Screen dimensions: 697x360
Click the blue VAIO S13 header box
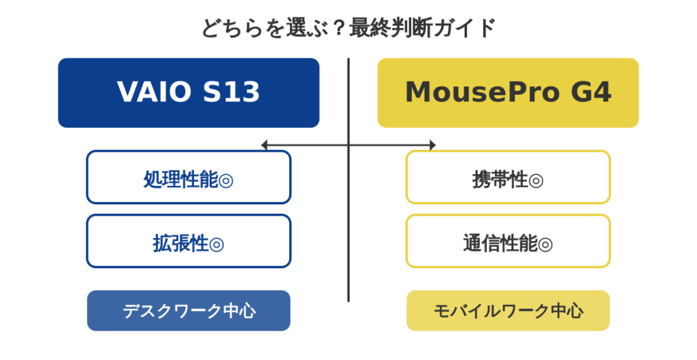(x=189, y=93)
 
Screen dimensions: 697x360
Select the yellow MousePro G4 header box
(x=508, y=93)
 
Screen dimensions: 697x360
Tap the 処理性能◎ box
(x=189, y=178)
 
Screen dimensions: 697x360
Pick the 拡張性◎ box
(x=189, y=242)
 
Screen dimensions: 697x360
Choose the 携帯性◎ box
(x=508, y=178)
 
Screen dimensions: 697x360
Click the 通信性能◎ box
(x=508, y=242)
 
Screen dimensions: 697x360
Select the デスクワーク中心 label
(x=189, y=311)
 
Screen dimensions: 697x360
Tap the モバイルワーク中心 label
(x=508, y=311)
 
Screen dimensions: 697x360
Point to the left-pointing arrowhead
(x=264, y=145)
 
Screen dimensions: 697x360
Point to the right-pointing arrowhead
(x=433, y=145)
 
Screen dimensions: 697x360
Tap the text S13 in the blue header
(x=231, y=92)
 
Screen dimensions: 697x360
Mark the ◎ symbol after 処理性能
(x=226, y=180)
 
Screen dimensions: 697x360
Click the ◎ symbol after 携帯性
(x=536, y=180)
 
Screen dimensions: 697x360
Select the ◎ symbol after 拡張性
(x=216, y=244)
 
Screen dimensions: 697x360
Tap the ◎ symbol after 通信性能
(x=545, y=244)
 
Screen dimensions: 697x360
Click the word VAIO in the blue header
(x=155, y=92)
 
